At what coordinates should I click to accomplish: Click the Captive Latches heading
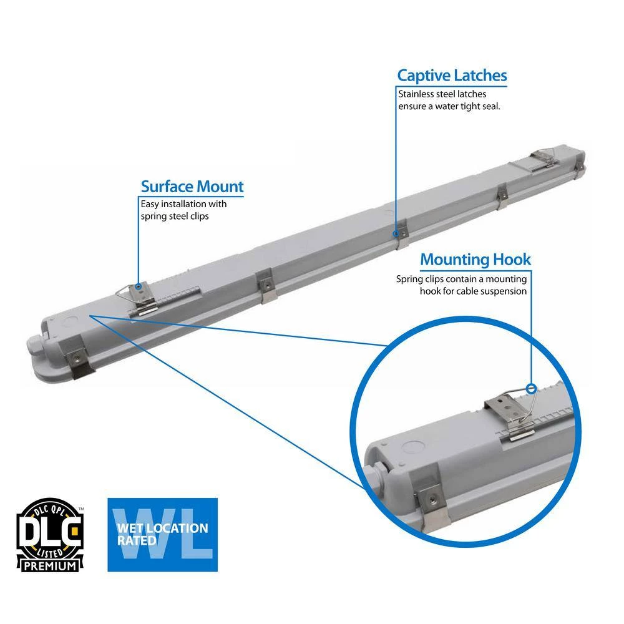click(x=452, y=76)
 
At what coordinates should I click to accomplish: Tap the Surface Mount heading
click(x=192, y=186)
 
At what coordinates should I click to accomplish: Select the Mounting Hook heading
click(x=475, y=259)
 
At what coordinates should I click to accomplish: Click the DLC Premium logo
click(x=49, y=535)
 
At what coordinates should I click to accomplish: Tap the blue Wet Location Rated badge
click(x=162, y=535)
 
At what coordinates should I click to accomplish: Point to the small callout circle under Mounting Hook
click(x=532, y=388)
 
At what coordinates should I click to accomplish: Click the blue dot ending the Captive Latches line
click(x=395, y=234)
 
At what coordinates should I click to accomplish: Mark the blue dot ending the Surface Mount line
click(x=138, y=287)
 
